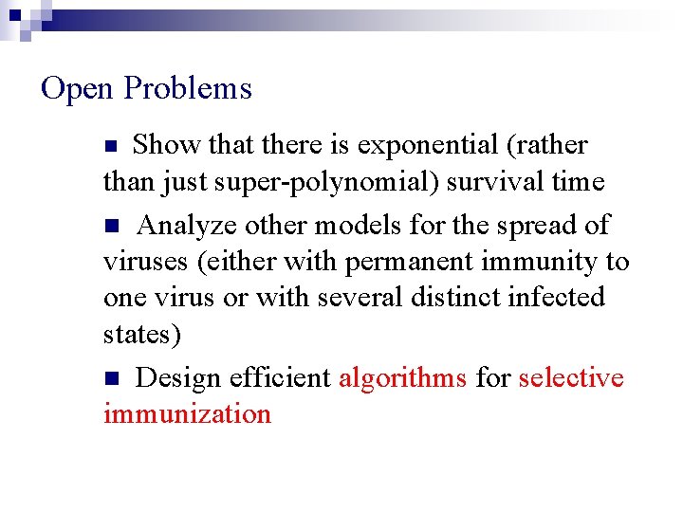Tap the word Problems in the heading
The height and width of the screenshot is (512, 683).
[188, 89]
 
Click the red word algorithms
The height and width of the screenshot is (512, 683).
[402, 378]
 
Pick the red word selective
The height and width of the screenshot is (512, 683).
[571, 378]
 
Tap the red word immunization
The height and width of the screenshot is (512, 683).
[187, 414]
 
